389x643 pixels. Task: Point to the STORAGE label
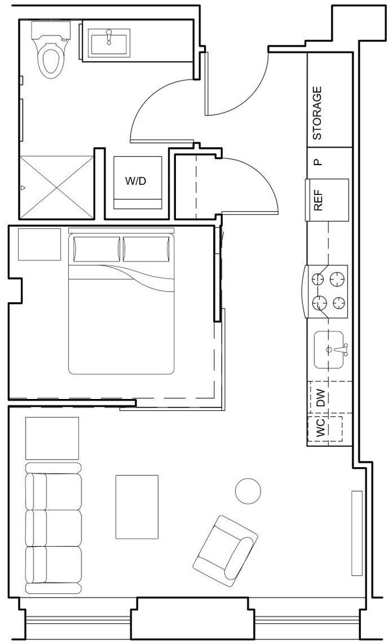[x=318, y=113]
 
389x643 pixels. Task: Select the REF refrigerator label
[x=318, y=200]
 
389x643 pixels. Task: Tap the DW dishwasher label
[x=320, y=398]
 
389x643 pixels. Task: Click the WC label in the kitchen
[x=320, y=428]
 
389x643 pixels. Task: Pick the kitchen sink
[x=329, y=349]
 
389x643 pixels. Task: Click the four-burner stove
[x=329, y=290]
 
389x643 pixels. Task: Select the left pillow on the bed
[x=96, y=249]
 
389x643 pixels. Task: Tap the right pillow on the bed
[x=147, y=249]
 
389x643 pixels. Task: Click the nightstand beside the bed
[x=39, y=244]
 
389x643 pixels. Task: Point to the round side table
[x=248, y=491]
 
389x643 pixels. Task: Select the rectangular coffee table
[x=137, y=506]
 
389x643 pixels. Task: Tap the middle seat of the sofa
[x=53, y=528]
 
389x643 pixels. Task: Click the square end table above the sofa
[x=52, y=438]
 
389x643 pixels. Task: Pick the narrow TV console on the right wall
[x=357, y=533]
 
